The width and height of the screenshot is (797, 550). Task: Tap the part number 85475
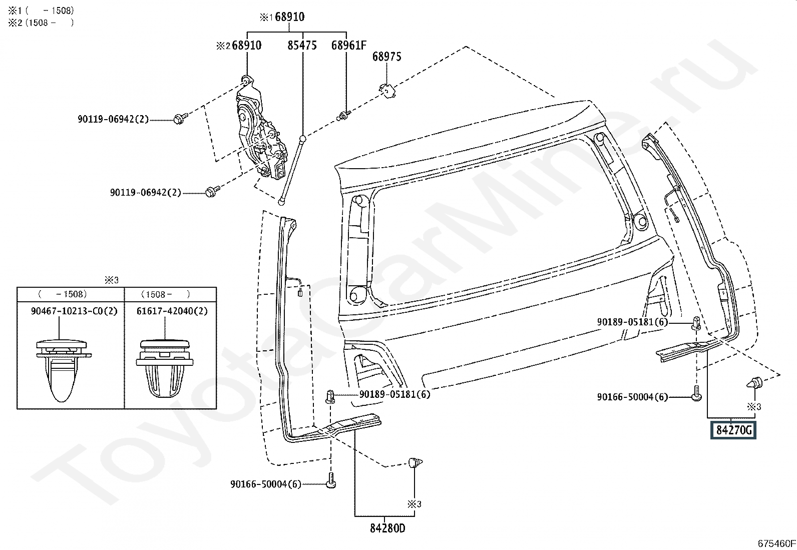[302, 45]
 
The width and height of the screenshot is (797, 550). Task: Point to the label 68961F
[348, 45]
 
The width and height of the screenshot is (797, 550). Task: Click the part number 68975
[386, 57]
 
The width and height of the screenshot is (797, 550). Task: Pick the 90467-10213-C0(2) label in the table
[74, 311]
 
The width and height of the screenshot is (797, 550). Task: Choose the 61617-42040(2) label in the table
[172, 311]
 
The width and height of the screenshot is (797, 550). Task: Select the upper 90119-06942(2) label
[113, 119]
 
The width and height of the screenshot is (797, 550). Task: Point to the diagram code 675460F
[776, 543]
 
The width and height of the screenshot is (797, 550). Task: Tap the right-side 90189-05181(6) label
[632, 322]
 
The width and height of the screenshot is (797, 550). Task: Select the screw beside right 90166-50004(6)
[696, 395]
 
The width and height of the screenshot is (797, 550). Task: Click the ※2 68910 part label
[239, 45]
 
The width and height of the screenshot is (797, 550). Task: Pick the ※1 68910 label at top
[282, 17]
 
